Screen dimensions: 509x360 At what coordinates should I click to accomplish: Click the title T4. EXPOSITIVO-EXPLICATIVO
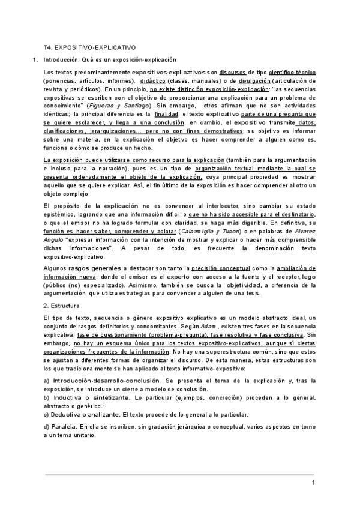[90, 46]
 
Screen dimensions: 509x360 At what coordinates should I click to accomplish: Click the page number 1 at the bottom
[313, 483]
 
